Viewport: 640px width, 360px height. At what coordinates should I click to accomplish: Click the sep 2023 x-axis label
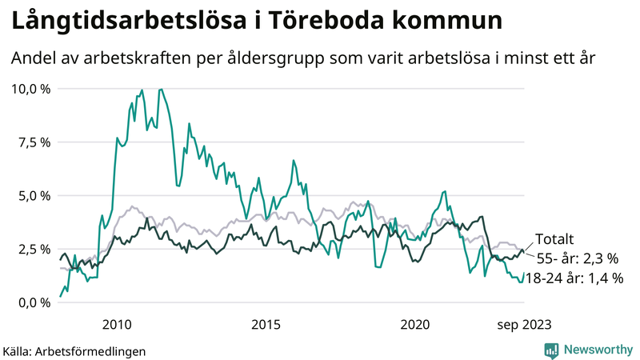524,324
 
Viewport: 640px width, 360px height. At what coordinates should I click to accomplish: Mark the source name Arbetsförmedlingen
91,350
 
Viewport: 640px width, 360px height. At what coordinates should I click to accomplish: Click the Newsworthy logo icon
551,350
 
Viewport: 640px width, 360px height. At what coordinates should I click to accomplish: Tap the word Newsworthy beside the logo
596,350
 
